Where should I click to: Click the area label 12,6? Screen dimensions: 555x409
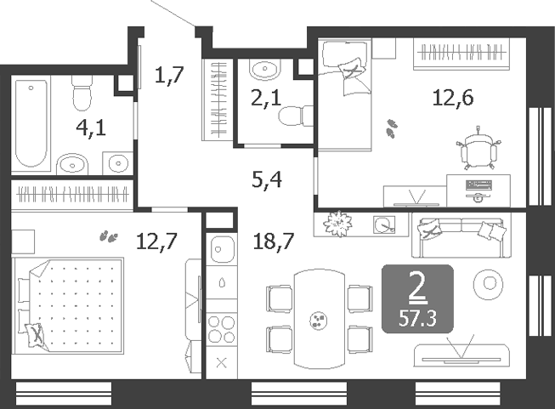(453, 98)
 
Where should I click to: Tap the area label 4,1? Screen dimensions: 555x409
(91, 128)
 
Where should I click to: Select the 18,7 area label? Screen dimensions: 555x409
(274, 241)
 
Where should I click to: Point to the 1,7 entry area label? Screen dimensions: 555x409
(169, 75)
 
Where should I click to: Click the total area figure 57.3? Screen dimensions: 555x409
(417, 319)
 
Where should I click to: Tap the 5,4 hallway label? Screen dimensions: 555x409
(267, 179)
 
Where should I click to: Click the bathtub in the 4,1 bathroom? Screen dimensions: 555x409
(31, 123)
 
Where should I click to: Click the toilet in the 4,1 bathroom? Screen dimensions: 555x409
(82, 94)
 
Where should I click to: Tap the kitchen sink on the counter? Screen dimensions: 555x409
(222, 249)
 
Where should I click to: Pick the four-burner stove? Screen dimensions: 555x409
(222, 329)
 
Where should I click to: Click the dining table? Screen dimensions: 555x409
(320, 320)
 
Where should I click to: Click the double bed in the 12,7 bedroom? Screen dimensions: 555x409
(71, 305)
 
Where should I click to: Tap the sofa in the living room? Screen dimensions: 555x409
(462, 237)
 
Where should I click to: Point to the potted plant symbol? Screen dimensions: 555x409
(338, 224)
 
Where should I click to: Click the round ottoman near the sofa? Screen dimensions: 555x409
(489, 283)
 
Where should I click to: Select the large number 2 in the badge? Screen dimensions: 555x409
(417, 287)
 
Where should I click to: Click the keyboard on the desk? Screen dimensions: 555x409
(479, 185)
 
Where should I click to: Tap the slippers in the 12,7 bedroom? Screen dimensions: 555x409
(109, 236)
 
